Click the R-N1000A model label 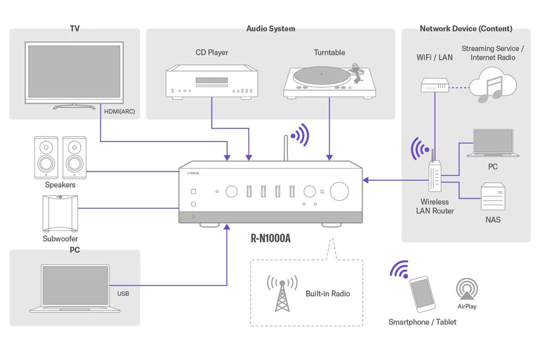pyautogui.click(x=271, y=238)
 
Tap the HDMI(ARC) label pyautogui.click(x=118, y=112)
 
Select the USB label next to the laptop pyautogui.click(x=123, y=293)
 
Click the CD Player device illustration pyautogui.click(x=211, y=81)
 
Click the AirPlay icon pyautogui.click(x=467, y=290)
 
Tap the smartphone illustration pyautogui.click(x=422, y=294)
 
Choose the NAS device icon pyautogui.click(x=493, y=197)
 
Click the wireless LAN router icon pyautogui.click(x=435, y=173)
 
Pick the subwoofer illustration pyautogui.click(x=60, y=213)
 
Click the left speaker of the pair pyautogui.click(x=46, y=158)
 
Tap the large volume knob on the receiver pyautogui.click(x=339, y=191)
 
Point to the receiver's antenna pyautogui.click(x=285, y=147)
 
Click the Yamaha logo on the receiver pyautogui.click(x=193, y=173)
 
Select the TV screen pyautogui.click(x=74, y=71)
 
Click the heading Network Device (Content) pyautogui.click(x=466, y=28)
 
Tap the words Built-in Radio pyautogui.click(x=327, y=293)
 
